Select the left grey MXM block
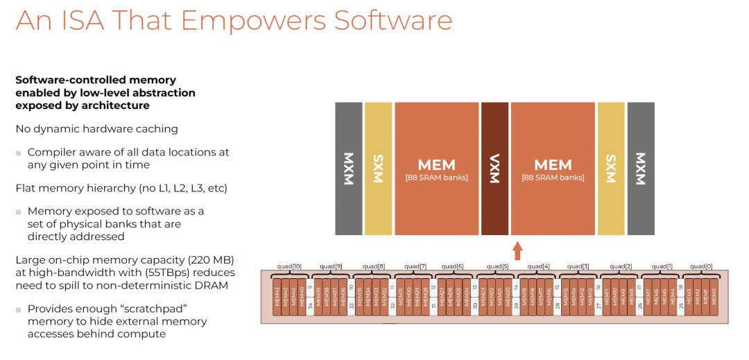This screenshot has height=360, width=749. click(349, 169)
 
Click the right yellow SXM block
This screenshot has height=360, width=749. click(611, 169)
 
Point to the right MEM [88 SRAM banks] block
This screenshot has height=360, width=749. click(553, 169)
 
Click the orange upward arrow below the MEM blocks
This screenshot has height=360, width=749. click(517, 250)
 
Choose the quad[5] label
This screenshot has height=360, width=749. click(497, 266)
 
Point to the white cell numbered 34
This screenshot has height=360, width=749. click(310, 305)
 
